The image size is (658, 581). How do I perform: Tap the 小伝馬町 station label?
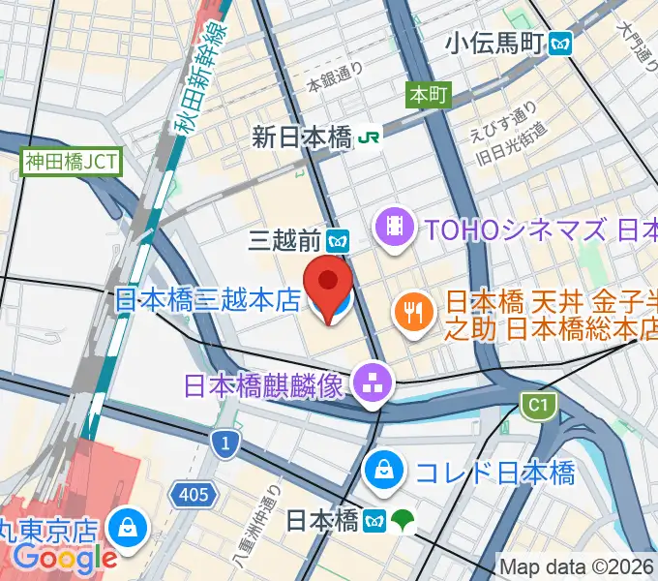click(x=494, y=43)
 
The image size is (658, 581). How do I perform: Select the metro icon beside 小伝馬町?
click(x=559, y=43)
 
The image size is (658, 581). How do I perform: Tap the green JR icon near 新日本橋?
click(x=369, y=138)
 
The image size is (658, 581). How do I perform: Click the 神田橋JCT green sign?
click(x=72, y=161)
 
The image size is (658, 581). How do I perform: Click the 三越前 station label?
click(x=284, y=237)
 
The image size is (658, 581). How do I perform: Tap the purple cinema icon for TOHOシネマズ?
click(x=395, y=229)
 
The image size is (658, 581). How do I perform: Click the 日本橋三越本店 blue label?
click(x=207, y=300)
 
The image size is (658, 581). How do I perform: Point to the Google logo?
click(x=65, y=557)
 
